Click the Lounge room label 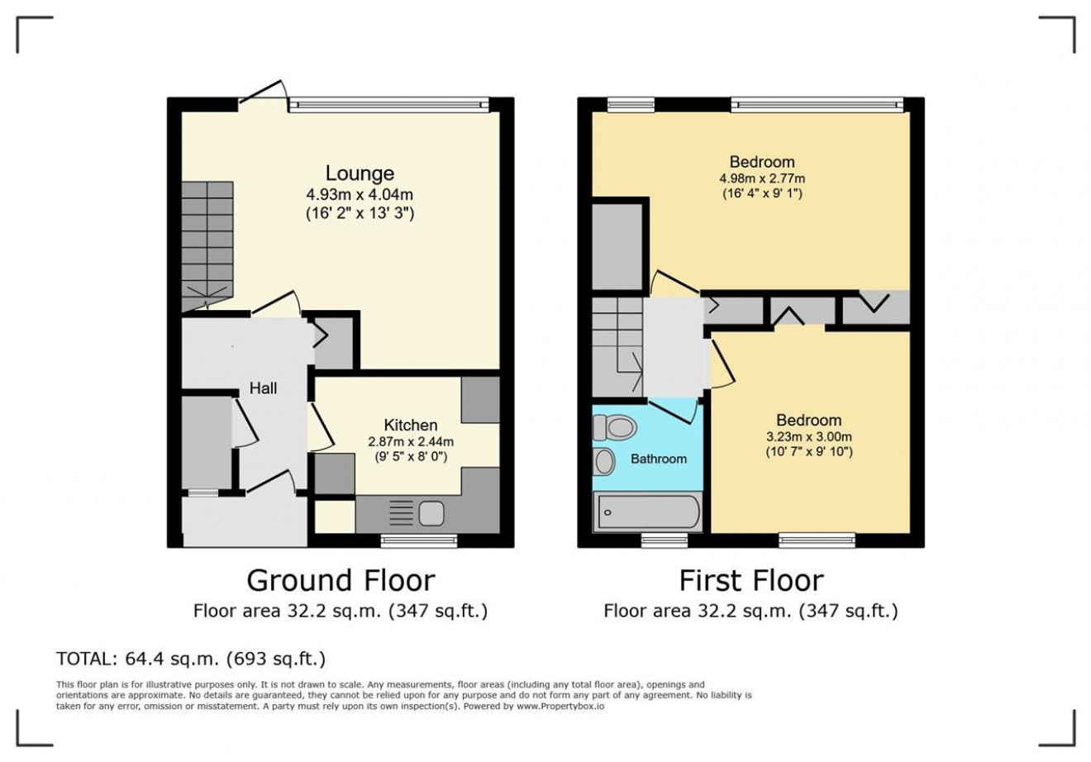click(x=360, y=174)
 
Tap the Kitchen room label click(x=411, y=425)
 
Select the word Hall click(x=263, y=388)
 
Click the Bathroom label click(x=659, y=459)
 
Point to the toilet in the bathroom click(x=615, y=427)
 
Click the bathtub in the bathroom click(x=648, y=512)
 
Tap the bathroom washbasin click(x=604, y=461)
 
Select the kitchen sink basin click(x=431, y=513)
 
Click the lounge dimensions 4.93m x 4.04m click(x=360, y=195)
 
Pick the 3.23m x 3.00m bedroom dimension click(x=809, y=436)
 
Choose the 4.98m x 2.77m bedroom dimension click(x=762, y=179)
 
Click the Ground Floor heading click(x=341, y=580)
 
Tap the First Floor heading click(x=751, y=580)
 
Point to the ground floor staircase click(x=207, y=246)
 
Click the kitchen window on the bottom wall click(x=419, y=541)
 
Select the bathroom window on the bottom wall click(x=665, y=541)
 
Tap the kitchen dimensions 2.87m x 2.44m click(x=411, y=442)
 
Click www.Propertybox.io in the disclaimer click(x=560, y=706)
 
